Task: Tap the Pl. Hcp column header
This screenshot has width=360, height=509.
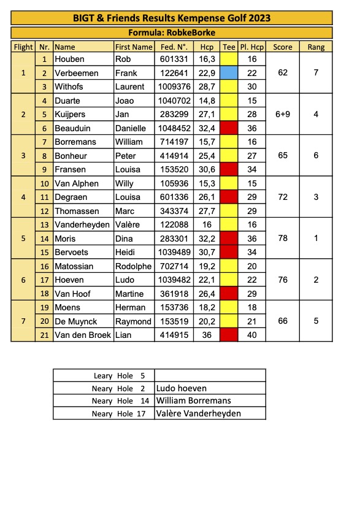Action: pos(251,47)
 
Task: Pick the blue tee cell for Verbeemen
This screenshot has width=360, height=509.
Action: pos(229,73)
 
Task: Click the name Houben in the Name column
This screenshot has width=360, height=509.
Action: pos(70,59)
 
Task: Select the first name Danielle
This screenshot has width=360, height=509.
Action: pos(131,128)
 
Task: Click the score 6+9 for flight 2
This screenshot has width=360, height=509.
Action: pos(283,114)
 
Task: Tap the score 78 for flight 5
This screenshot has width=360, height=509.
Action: pos(283,238)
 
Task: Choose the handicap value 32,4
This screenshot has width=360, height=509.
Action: pos(207,128)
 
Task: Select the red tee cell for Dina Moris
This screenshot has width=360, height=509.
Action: pos(229,239)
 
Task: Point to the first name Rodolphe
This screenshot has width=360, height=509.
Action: pos(133,266)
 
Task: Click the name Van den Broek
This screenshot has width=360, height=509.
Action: pos(83,335)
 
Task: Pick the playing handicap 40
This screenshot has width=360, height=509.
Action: pos(251,335)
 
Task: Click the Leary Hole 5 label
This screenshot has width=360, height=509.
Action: pos(114,376)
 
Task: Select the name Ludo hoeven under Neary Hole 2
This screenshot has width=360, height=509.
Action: pos(182,388)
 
